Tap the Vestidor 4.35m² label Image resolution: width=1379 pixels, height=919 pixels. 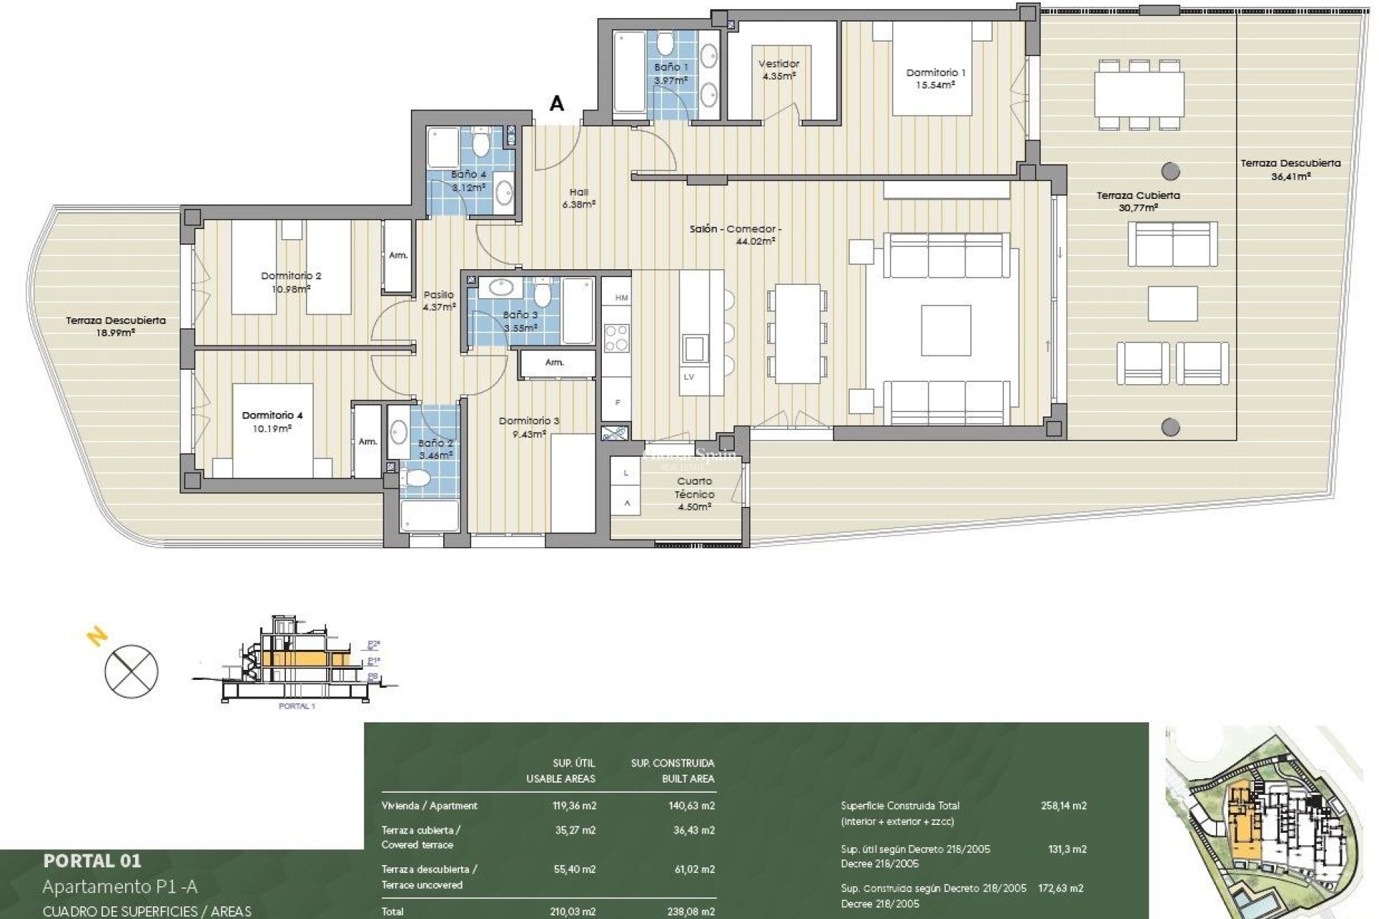coord(779,70)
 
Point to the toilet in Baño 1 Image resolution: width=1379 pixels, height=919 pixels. coord(666,45)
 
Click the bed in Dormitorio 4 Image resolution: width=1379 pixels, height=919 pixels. coord(273,429)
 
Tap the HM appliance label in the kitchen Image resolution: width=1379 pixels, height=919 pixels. coord(621,298)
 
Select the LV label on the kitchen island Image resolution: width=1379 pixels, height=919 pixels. coord(689,377)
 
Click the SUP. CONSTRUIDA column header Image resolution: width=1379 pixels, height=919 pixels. coord(672,763)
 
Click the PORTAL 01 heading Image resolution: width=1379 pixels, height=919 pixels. coord(92,861)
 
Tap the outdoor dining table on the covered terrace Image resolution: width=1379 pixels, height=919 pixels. coord(1139,94)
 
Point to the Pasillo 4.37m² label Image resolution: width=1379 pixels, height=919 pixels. coord(440,301)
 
